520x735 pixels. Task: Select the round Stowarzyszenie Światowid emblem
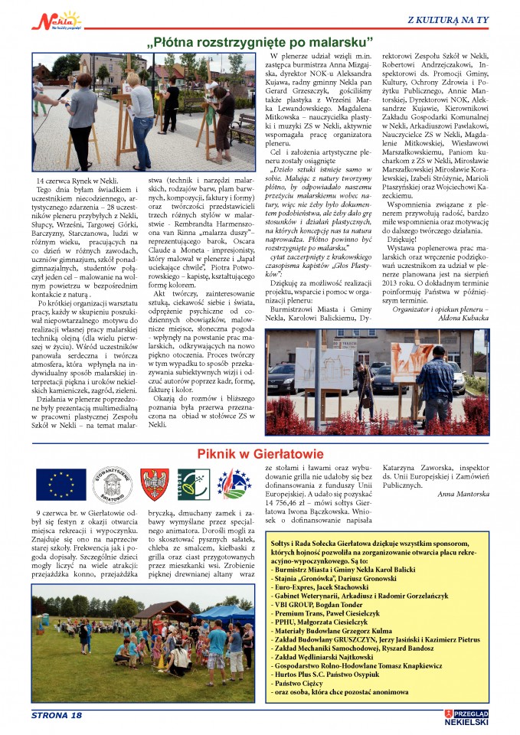tap(109, 484)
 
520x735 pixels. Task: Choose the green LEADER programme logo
tap(193, 484)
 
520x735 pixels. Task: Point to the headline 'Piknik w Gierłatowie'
tap(260, 454)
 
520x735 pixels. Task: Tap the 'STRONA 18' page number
tap(57, 715)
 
